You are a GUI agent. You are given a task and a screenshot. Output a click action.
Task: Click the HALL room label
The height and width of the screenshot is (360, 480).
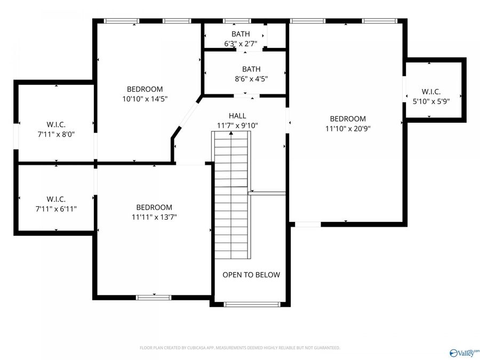[237, 116]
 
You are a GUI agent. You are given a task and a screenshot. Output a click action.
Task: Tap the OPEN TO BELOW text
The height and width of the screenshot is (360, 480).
[251, 275]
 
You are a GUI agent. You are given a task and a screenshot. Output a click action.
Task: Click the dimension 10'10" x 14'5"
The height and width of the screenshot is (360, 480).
[145, 99]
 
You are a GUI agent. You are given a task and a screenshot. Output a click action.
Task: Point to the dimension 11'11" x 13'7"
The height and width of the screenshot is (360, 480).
[154, 217]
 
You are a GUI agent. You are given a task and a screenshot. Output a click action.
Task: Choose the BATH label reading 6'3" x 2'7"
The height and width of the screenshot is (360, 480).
[241, 44]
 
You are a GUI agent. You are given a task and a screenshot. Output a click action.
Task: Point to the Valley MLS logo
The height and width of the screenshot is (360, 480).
[465, 353]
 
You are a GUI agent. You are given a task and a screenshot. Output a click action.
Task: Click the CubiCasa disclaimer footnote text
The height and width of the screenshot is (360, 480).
[239, 348]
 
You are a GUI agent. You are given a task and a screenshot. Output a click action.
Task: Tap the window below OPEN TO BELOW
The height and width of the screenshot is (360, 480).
[251, 305]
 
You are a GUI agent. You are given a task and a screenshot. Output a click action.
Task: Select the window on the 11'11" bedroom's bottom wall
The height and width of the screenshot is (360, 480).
[154, 297]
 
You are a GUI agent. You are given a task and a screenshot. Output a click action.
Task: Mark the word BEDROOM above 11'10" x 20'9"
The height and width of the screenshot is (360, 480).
[348, 119]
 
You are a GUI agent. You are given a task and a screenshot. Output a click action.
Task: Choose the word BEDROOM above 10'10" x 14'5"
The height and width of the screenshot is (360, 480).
[145, 89]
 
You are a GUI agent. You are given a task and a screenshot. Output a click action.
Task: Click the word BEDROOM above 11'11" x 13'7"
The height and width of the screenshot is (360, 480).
[154, 207]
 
